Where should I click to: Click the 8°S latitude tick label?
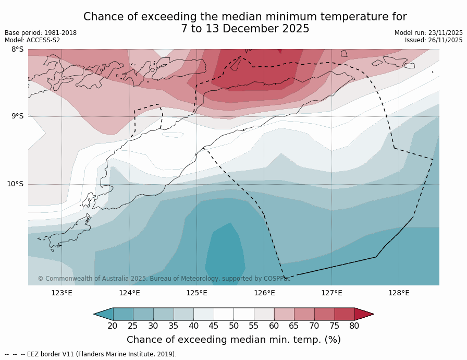point(17,50)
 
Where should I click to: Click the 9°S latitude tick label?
point(17,116)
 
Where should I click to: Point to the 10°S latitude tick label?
point(15,184)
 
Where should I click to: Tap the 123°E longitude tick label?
point(62,293)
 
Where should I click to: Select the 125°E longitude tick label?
point(196,293)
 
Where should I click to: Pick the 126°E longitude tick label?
point(264,293)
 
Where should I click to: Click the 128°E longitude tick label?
point(399,293)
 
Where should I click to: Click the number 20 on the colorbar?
point(113,326)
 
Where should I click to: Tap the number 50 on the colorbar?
point(233,326)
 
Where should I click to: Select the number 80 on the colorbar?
point(354,326)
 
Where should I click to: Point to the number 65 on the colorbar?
point(294,326)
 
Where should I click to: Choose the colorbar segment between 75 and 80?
point(344,314)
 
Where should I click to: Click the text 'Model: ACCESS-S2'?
point(32,40)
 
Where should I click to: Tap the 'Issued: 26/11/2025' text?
point(434,40)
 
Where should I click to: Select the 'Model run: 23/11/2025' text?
point(428,33)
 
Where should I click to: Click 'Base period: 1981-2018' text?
point(41,33)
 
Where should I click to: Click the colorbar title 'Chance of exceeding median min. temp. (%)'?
point(233,340)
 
